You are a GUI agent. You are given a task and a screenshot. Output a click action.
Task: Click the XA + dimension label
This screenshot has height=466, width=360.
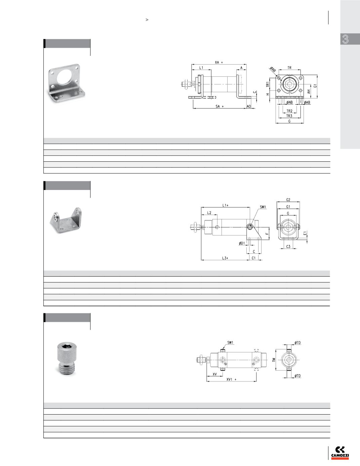coord(219,63)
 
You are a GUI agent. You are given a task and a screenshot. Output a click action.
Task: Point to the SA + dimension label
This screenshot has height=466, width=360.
coord(219,106)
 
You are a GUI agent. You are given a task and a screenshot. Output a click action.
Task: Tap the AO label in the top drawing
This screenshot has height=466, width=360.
coord(249,106)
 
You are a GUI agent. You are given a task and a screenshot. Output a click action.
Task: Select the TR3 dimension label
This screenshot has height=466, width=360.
coord(289,116)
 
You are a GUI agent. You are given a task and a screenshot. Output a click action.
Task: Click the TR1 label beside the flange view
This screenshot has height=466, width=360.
coord(268,84)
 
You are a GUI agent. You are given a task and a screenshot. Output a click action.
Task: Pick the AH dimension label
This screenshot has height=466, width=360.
coord(309,91)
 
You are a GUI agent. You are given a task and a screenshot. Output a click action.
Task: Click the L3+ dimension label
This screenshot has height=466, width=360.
coord(225,258)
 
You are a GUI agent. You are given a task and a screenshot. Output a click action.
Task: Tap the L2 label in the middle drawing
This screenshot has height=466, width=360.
coord(209,213)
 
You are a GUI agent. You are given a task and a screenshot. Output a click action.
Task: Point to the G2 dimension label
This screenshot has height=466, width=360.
coord(288,200)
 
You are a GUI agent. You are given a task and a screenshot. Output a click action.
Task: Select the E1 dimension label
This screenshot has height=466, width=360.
coord(305,233)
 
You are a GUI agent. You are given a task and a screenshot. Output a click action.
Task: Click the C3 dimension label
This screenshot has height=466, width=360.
coord(288,247)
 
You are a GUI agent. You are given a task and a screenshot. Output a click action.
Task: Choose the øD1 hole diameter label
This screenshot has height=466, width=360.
coord(242,243)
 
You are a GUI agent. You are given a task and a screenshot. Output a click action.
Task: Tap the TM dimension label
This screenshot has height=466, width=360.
coord(274,360)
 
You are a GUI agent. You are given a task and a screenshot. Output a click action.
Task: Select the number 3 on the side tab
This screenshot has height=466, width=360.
coord(345,39)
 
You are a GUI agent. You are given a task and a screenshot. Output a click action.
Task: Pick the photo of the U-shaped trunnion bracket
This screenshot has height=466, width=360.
coord(66,221)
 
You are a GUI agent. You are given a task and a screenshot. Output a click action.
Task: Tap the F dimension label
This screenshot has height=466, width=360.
coord(267,234)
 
